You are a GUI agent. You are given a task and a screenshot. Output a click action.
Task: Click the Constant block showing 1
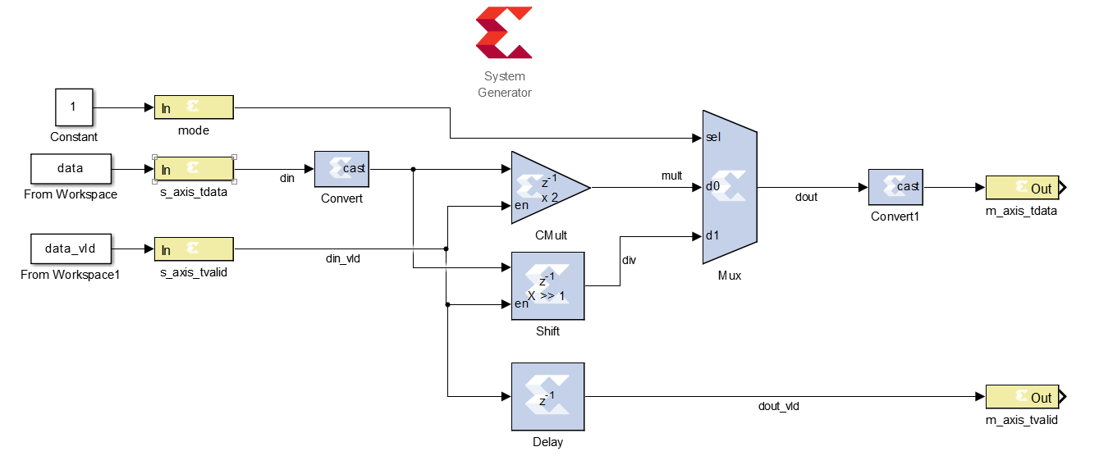click(x=73, y=107)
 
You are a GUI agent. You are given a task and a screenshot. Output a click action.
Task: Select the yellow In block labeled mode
click(x=194, y=107)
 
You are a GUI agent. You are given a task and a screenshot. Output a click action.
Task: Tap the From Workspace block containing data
click(x=70, y=168)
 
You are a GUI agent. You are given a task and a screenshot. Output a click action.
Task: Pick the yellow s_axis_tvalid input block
click(x=194, y=249)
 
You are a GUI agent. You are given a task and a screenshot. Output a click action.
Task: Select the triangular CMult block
click(x=545, y=188)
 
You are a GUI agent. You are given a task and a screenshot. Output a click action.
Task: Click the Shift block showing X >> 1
click(x=547, y=285)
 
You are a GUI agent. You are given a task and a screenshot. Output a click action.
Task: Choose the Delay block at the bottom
click(x=547, y=397)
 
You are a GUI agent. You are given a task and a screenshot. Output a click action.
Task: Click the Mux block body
click(x=730, y=188)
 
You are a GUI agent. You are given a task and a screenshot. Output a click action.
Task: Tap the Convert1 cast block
click(x=896, y=188)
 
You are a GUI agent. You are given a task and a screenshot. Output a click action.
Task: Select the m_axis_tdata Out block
click(x=1022, y=188)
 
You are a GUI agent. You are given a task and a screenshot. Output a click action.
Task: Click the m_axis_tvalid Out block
click(x=1022, y=397)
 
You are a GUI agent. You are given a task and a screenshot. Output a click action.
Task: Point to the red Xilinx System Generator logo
click(x=504, y=33)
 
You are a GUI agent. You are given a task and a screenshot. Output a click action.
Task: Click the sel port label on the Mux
click(x=713, y=137)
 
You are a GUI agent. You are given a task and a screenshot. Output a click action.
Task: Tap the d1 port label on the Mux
click(x=712, y=236)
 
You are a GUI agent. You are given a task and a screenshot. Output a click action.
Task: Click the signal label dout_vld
click(x=778, y=406)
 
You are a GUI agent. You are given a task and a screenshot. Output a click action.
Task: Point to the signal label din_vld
click(x=343, y=259)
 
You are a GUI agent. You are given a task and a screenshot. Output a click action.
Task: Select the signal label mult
click(x=671, y=176)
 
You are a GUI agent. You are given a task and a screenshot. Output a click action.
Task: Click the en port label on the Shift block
click(x=521, y=304)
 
